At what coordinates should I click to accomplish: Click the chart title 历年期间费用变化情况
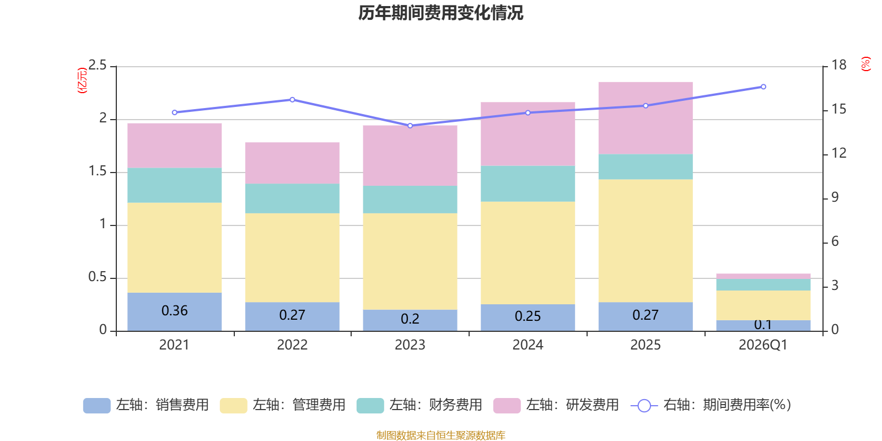(x=440, y=13)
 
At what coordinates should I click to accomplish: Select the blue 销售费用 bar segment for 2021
(x=174, y=312)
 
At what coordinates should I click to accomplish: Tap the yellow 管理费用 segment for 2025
(x=646, y=240)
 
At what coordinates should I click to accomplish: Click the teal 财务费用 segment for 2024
(x=528, y=184)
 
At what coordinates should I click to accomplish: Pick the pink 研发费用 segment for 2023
(x=410, y=155)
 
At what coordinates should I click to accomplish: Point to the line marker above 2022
(x=292, y=100)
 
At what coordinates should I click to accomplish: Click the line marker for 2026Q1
(x=763, y=87)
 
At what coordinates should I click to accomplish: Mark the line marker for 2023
(x=410, y=126)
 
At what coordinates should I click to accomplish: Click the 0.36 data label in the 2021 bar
(x=174, y=311)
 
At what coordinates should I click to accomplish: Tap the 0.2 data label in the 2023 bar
(x=410, y=319)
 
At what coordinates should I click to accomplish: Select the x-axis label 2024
(x=528, y=345)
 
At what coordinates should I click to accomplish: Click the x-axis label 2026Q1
(x=763, y=345)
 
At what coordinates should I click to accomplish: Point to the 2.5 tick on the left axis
(x=97, y=65)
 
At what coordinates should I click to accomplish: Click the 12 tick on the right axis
(x=838, y=153)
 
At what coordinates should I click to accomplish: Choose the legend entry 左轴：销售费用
(x=146, y=405)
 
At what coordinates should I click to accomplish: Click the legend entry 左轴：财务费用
(x=420, y=405)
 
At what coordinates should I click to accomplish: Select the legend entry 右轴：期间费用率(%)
(x=711, y=405)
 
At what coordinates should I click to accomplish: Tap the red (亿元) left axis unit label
(x=82, y=80)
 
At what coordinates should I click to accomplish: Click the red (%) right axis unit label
(x=866, y=64)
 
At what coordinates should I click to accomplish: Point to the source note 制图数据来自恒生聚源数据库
(x=440, y=435)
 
